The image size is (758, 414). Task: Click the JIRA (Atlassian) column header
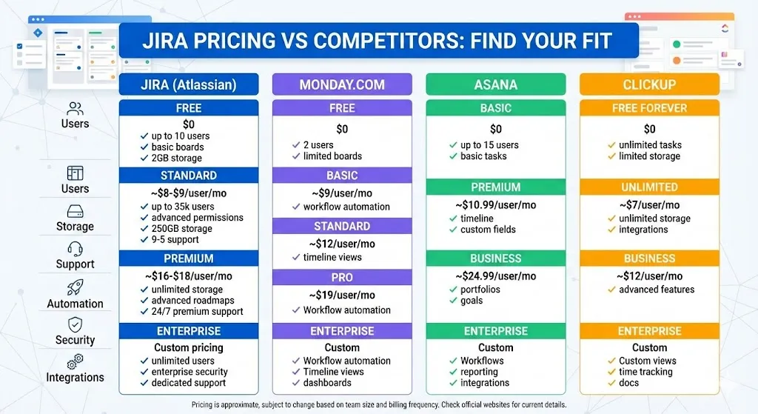pos(189,84)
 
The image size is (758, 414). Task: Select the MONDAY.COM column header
pos(342,84)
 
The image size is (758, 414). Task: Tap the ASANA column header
pos(496,84)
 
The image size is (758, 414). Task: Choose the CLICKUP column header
pos(649,84)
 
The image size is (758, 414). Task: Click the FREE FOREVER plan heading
pos(649,108)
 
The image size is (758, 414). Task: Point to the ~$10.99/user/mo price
pos(496,205)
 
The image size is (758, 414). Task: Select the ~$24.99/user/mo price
pos(496,276)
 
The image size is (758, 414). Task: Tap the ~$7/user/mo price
pos(649,205)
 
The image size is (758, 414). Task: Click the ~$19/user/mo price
pos(342,295)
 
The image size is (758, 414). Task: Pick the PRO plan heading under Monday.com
pos(342,278)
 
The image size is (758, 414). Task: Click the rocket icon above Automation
pos(75,288)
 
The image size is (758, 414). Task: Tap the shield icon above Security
pos(75,324)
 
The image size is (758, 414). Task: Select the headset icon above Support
pos(75,249)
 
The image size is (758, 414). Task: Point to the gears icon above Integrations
pos(75,361)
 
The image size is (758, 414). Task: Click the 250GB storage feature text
pos(182,229)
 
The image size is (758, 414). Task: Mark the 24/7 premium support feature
pos(197,312)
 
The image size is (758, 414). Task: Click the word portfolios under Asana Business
pos(480,290)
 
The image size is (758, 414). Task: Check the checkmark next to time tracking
pos(611,372)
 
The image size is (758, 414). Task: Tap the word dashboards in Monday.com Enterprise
pos(327,383)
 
